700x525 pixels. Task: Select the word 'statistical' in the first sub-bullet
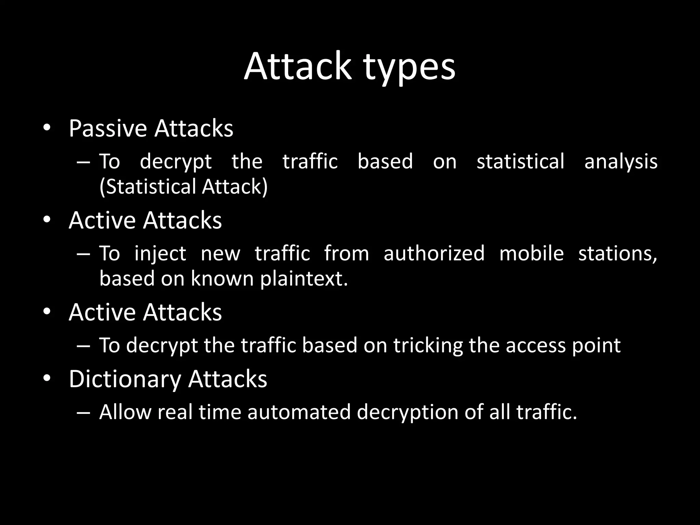(x=520, y=161)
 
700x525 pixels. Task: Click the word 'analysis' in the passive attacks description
(x=621, y=162)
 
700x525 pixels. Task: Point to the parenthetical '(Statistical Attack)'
(x=184, y=187)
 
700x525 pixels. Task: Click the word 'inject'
(x=160, y=254)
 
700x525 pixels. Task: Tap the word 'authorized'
(x=434, y=253)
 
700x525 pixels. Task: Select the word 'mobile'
(x=531, y=253)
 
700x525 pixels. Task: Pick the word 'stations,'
(x=617, y=254)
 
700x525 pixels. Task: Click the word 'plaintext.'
(x=304, y=279)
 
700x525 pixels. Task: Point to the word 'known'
(x=222, y=278)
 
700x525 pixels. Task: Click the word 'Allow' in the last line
(x=125, y=412)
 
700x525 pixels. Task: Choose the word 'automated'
(x=299, y=412)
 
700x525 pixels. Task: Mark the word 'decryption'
(x=407, y=412)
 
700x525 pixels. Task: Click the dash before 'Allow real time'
(x=83, y=412)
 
